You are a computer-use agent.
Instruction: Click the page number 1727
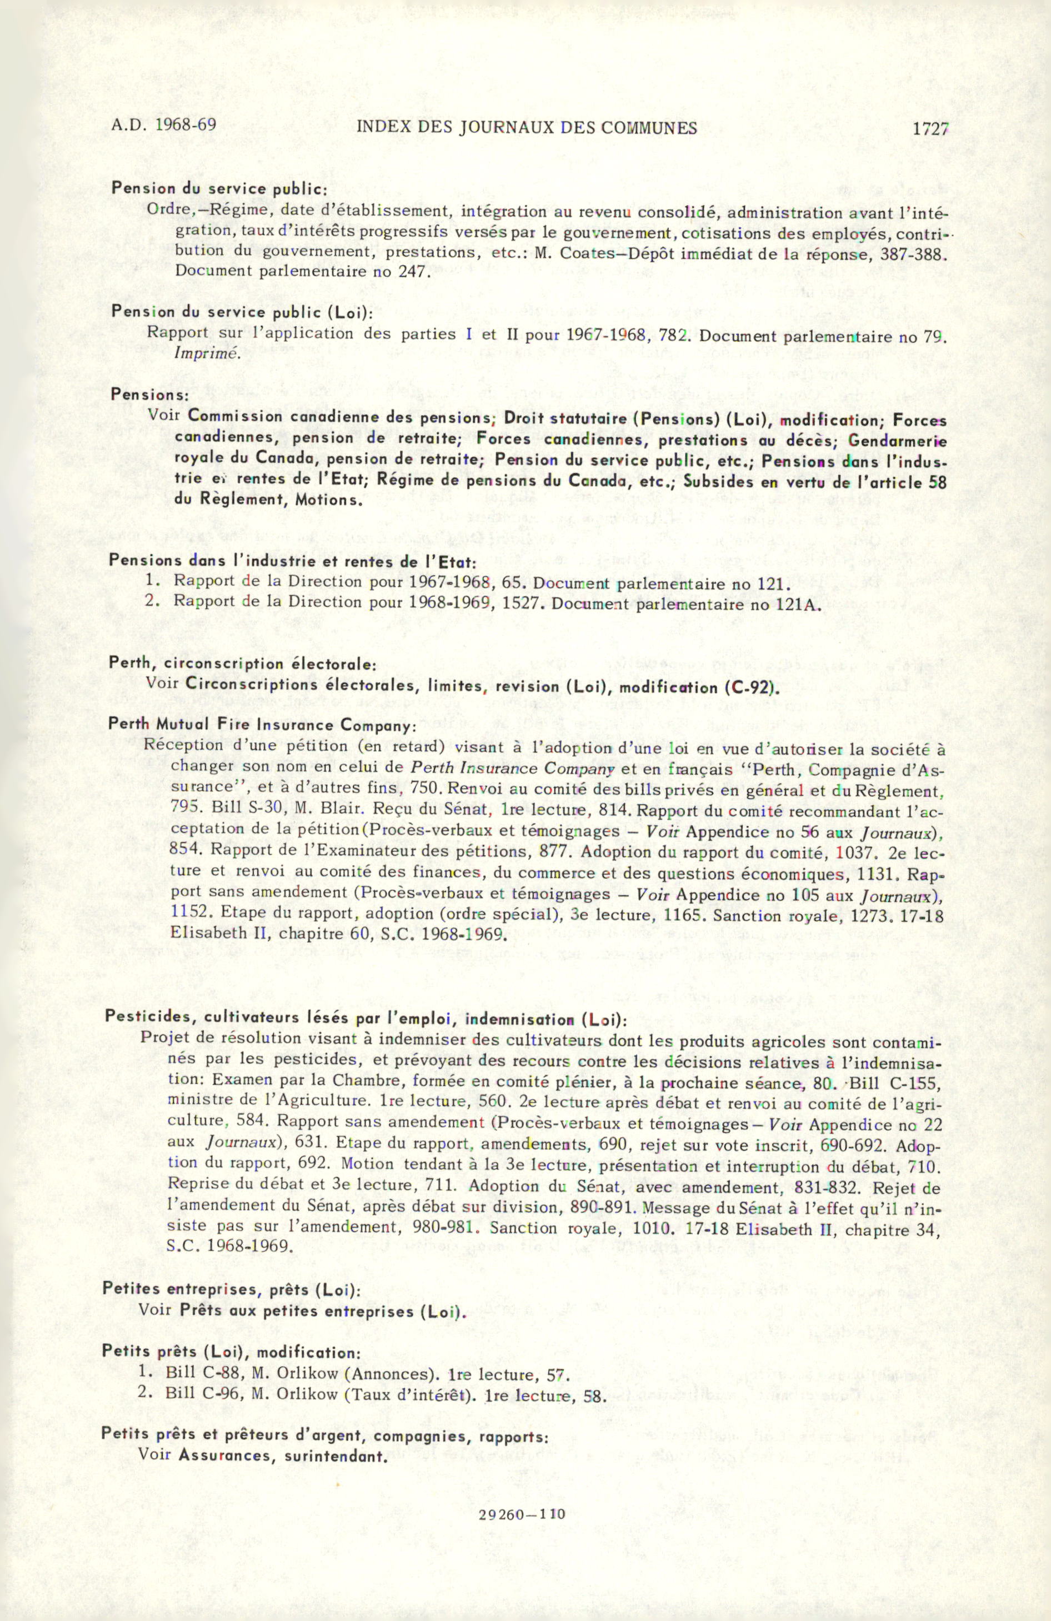point(930,129)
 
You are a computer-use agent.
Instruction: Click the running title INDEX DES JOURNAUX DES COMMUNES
point(527,127)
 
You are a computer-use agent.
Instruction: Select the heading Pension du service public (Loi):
point(242,313)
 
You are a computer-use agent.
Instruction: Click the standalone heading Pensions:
point(145,395)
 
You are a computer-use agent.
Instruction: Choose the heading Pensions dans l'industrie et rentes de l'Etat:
point(293,562)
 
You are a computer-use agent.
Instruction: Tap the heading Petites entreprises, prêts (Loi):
point(232,1289)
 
